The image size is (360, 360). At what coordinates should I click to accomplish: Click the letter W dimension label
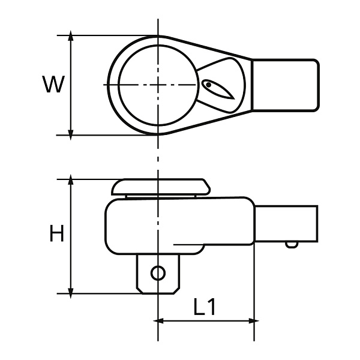53,84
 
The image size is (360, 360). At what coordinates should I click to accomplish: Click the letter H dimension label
56,233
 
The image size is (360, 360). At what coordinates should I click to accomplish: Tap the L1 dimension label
204,307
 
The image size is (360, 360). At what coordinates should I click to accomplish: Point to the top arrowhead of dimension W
71,35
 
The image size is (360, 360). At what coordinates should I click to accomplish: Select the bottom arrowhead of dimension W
71,135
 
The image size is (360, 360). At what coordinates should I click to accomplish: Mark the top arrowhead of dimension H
71,179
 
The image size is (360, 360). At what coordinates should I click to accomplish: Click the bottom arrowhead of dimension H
71,293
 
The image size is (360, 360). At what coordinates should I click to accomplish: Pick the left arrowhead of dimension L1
158,321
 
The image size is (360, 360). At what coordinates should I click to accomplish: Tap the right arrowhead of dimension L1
254,321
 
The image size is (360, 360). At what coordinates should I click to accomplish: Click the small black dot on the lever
208,85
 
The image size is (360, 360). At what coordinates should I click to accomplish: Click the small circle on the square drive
158,273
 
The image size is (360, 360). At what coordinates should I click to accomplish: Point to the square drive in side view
158,274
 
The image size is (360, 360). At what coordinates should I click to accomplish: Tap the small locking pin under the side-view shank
292,245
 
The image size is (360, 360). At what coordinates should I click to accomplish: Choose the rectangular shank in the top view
286,85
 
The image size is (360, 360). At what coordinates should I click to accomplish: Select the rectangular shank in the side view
286,224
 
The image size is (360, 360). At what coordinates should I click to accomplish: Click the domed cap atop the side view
161,187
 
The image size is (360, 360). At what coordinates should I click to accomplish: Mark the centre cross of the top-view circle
158,85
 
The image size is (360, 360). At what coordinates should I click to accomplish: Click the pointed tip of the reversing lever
234,99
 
